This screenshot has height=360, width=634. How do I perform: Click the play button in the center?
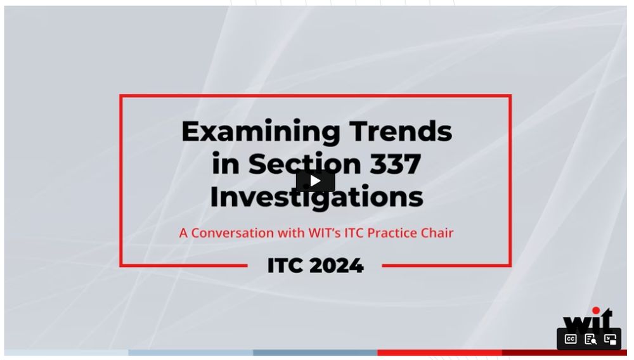click(315, 181)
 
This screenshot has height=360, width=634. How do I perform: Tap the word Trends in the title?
click(401, 131)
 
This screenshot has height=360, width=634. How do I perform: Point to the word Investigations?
click(316, 196)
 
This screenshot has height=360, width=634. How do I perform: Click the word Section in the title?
click(304, 164)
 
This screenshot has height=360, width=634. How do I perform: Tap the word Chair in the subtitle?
click(437, 233)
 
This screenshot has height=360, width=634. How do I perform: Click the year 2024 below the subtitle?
click(337, 266)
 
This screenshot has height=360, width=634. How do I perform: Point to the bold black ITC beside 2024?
click(285, 266)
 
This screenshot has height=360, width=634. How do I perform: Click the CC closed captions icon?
click(571, 339)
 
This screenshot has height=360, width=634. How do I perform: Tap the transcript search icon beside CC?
click(590, 339)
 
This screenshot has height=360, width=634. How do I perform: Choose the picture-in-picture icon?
click(610, 339)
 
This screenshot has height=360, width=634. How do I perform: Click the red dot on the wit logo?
click(596, 311)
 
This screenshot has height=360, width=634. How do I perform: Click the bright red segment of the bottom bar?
click(439, 353)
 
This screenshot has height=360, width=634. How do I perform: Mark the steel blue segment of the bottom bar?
click(315, 353)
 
